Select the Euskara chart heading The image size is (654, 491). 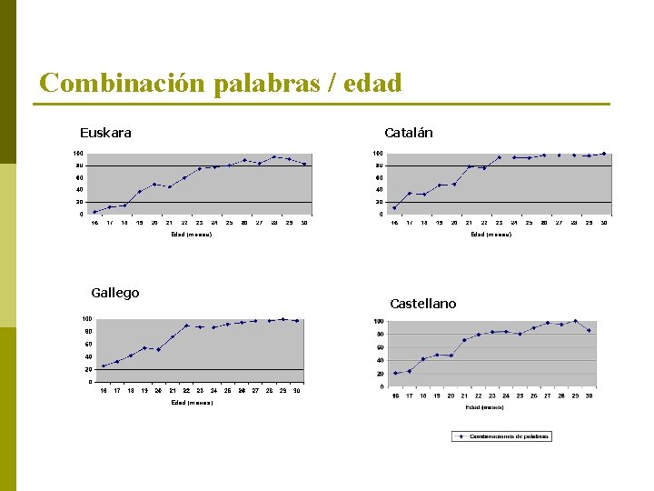pyautogui.click(x=105, y=133)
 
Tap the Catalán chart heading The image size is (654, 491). pyautogui.click(x=408, y=133)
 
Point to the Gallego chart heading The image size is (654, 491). pyautogui.click(x=115, y=293)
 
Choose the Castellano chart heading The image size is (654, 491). pyautogui.click(x=422, y=304)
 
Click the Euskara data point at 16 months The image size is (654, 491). pyautogui.click(x=94, y=212)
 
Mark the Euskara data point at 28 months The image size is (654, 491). pyautogui.click(x=274, y=156)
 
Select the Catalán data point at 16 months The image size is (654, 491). pyautogui.click(x=394, y=207)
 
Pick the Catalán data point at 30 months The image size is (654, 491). pyautogui.click(x=604, y=154)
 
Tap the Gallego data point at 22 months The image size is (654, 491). pyautogui.click(x=186, y=326)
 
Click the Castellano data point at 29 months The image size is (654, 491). pyautogui.click(x=575, y=321)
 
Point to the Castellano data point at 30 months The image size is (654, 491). pyautogui.click(x=590, y=330)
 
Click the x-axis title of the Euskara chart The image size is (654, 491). pyautogui.click(x=192, y=235)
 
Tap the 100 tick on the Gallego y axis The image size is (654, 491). pyautogui.click(x=85, y=319)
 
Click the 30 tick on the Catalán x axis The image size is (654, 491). pyautogui.click(x=604, y=223)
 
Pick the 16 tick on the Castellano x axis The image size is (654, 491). pyautogui.click(x=395, y=396)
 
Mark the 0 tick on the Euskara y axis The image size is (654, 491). pyautogui.click(x=80, y=215)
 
